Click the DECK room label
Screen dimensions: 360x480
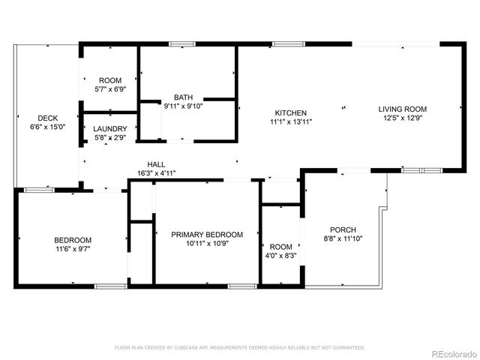tap(48, 118)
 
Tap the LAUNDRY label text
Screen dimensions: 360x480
tap(110, 129)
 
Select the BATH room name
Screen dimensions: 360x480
tap(183, 97)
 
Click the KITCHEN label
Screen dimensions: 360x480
tap(291, 112)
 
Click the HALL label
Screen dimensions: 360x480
tap(156, 164)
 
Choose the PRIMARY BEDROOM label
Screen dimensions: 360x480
tap(207, 234)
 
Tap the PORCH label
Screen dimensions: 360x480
tap(343, 229)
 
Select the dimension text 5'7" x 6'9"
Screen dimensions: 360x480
tap(109, 89)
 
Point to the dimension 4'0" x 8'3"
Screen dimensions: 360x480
tap(281, 256)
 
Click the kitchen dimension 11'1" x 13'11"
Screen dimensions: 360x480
tap(291, 121)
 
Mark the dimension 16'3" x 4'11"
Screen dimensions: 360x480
tap(156, 173)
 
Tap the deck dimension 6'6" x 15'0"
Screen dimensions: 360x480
tap(48, 127)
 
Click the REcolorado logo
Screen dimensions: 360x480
tap(451, 353)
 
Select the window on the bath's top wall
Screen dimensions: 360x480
tap(178, 44)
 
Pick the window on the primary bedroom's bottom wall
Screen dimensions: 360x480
tap(241, 286)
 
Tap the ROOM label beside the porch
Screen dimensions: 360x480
tap(281, 247)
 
